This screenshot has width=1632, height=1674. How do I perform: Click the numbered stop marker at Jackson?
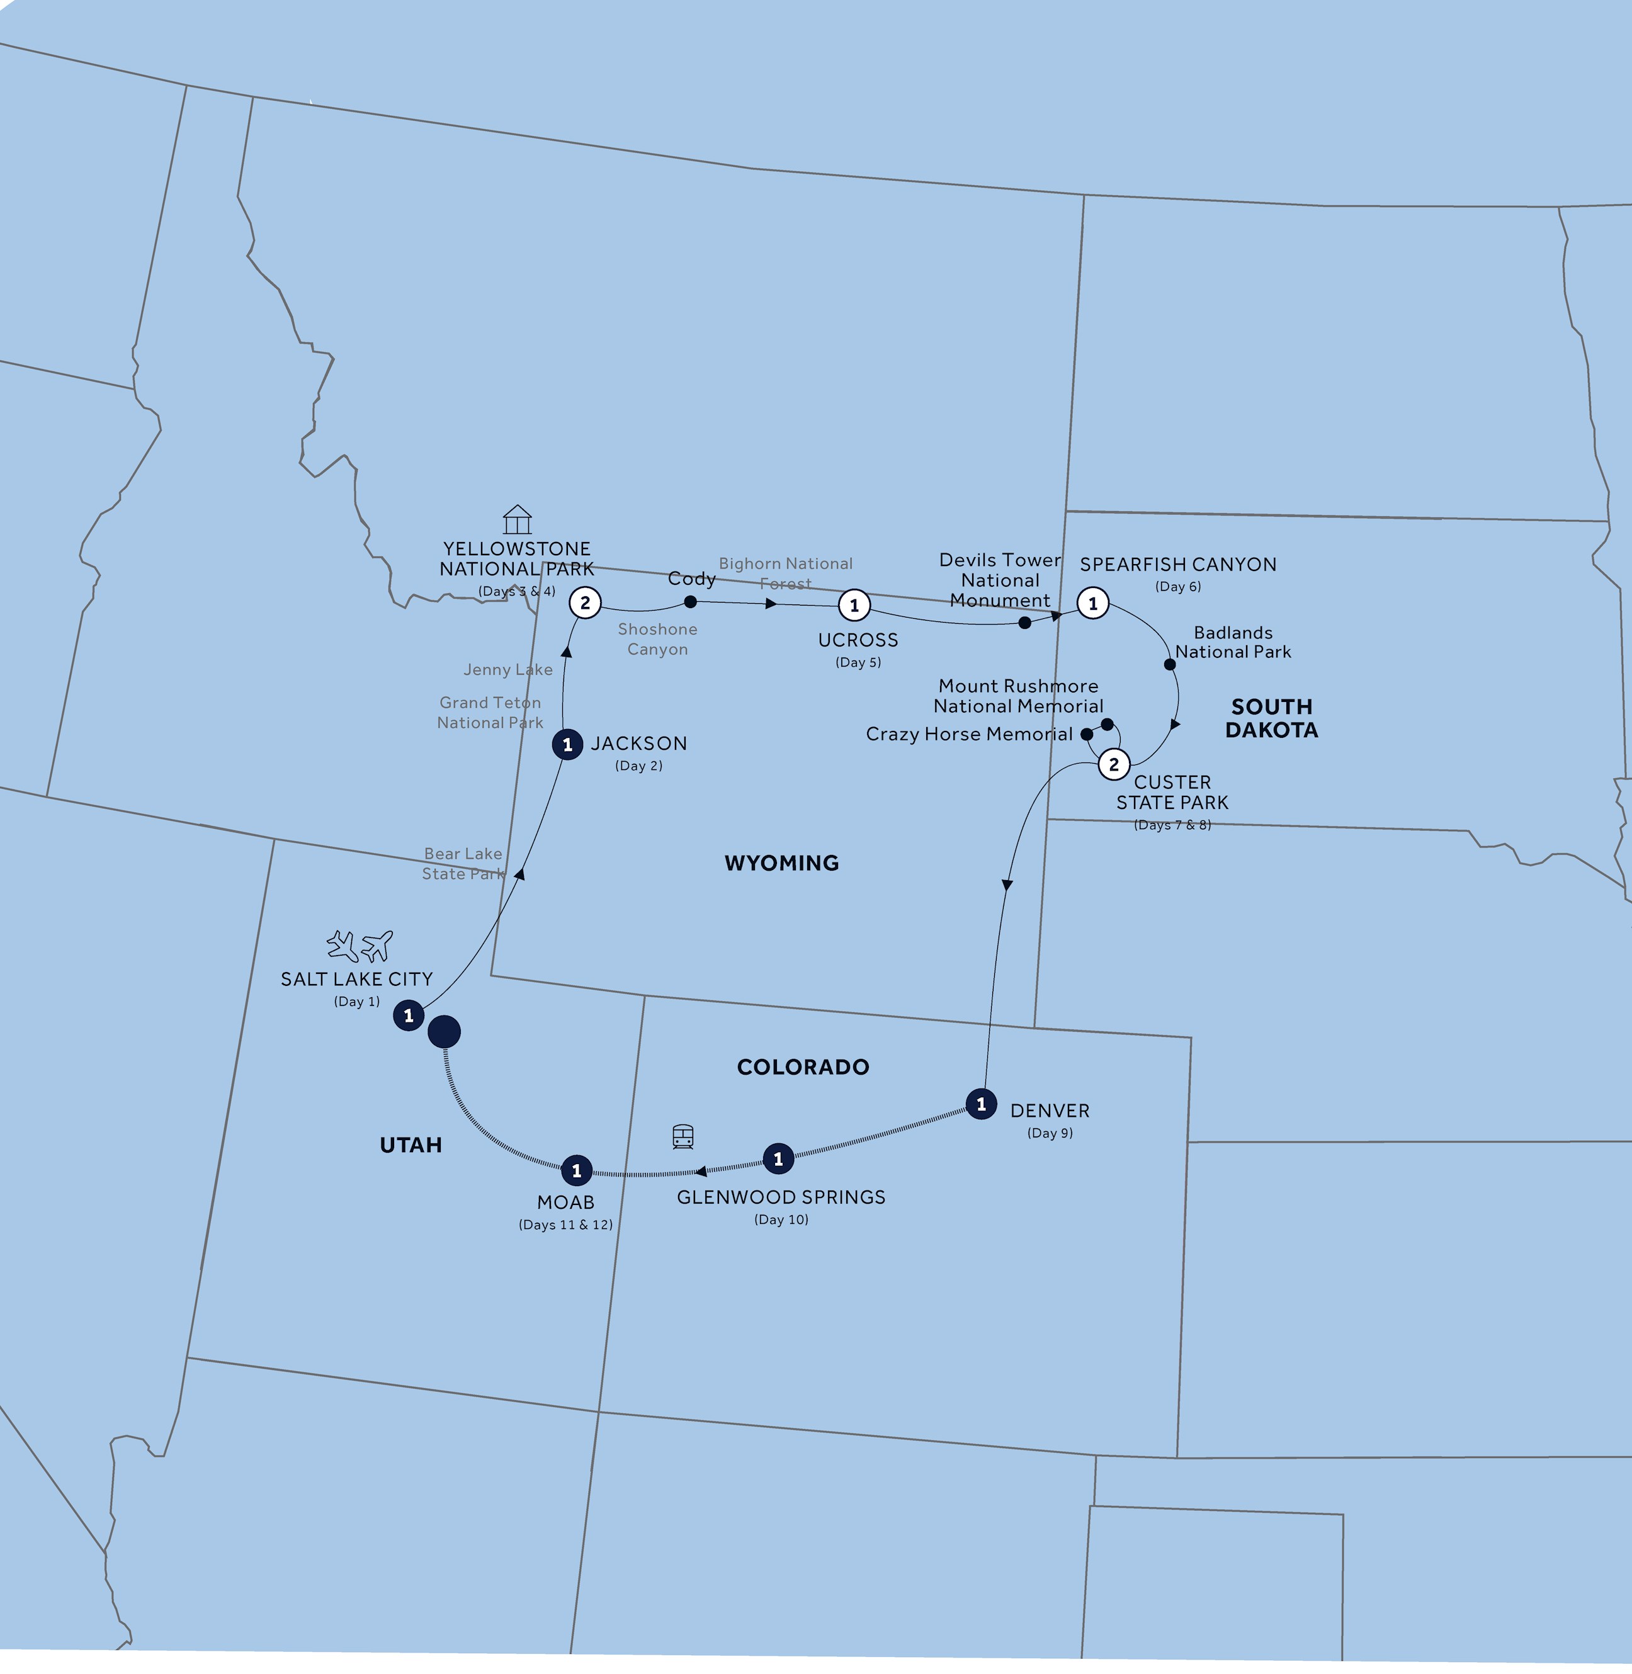click(x=567, y=745)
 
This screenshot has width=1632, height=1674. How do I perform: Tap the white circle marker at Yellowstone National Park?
click(x=584, y=602)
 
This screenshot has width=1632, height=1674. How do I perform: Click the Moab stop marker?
click(x=576, y=1170)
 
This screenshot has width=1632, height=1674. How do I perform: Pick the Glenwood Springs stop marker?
click(x=778, y=1159)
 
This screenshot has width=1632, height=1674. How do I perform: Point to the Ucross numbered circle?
click(x=854, y=605)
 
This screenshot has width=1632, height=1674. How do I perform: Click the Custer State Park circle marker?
click(x=1113, y=764)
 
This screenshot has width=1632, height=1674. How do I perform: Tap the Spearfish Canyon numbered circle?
click(x=1092, y=603)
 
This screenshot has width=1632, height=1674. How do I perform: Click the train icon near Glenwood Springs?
click(x=683, y=1136)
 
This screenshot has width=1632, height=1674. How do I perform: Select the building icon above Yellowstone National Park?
click(x=517, y=519)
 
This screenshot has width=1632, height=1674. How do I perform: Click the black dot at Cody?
click(x=690, y=602)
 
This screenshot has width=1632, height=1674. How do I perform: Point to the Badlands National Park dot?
click(x=1169, y=664)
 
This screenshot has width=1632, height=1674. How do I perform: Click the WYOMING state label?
click(x=781, y=863)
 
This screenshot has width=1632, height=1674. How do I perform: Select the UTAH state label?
click(x=411, y=1145)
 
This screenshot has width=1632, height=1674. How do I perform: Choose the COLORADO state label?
click(x=802, y=1067)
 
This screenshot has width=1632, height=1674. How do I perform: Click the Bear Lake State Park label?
click(x=463, y=863)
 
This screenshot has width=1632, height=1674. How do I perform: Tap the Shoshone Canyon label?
click(x=657, y=640)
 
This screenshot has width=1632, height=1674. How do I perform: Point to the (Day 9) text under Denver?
click(x=1049, y=1133)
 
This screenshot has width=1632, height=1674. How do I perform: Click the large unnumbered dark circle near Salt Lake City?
click(x=444, y=1031)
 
